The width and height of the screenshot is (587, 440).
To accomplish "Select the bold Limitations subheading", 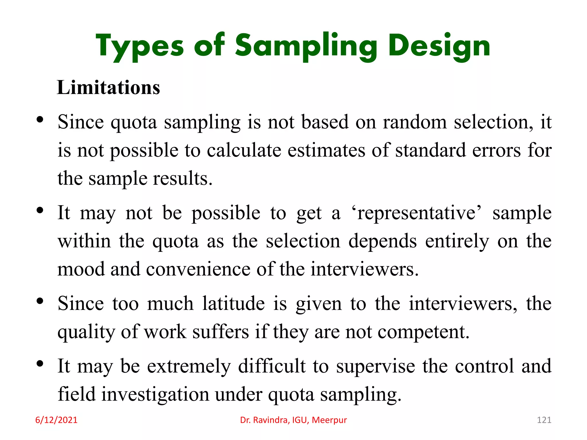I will (108, 87).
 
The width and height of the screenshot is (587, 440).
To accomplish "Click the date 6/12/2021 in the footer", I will (56, 420).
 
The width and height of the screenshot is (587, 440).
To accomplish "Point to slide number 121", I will (544, 420).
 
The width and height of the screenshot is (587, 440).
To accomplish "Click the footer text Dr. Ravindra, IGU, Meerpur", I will (293, 420).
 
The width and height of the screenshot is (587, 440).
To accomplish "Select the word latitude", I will (233, 304).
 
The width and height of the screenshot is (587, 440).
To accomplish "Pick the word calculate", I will (244, 150).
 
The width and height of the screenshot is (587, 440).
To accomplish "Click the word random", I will (415, 122).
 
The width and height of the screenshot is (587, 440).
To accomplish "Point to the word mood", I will (81, 269).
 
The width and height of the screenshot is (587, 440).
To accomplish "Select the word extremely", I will (189, 366).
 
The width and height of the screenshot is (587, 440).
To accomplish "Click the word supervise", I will (375, 366).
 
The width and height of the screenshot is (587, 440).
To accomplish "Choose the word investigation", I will (155, 394).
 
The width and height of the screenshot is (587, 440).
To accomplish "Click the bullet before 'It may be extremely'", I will (40, 364).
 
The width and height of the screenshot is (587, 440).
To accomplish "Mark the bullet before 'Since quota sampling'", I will (40, 119).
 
